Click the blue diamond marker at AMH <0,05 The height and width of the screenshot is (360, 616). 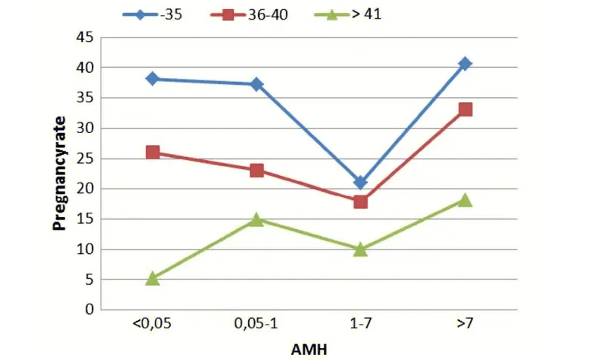tap(153, 78)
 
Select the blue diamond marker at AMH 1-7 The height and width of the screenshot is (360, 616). tap(360, 183)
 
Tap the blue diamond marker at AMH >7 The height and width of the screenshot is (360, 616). tap(465, 64)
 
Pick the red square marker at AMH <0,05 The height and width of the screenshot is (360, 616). tap(153, 152)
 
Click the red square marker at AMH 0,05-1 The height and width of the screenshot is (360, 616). tap(257, 171)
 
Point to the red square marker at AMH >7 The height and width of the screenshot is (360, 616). tap(465, 110)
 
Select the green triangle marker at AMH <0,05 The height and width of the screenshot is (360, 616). tap(153, 278)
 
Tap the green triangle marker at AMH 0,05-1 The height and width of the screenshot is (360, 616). tap(257, 219)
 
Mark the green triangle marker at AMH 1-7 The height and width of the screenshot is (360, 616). tap(360, 249)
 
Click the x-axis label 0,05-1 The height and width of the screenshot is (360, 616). tap(256, 324)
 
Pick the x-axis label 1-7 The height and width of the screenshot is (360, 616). tap(360, 324)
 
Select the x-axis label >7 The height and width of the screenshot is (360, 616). tap(465, 324)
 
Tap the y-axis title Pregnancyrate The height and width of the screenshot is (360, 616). tap(60, 174)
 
